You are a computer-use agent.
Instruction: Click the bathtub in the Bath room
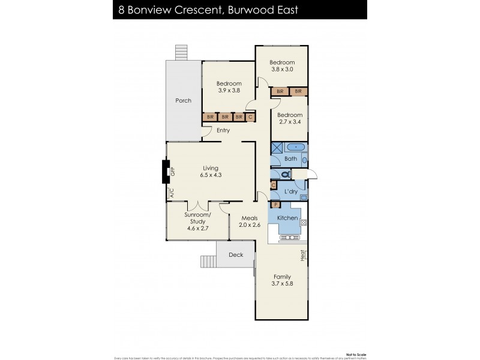[x=296, y=148]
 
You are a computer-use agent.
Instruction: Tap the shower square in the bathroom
[x=278, y=148]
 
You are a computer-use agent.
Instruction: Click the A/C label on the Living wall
[x=171, y=193]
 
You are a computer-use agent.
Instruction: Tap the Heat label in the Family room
[x=304, y=256]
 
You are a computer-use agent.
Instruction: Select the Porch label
[x=184, y=100]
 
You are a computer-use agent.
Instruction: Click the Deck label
[x=236, y=254]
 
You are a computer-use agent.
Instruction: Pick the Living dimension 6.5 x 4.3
[x=209, y=175]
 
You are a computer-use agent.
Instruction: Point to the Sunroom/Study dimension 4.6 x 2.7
[x=197, y=229]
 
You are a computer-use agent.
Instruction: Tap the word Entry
[x=223, y=130]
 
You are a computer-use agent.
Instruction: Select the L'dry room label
[x=291, y=191]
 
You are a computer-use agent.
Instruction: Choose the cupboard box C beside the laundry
[x=274, y=186]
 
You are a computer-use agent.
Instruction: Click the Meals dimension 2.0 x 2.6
[x=250, y=226]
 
